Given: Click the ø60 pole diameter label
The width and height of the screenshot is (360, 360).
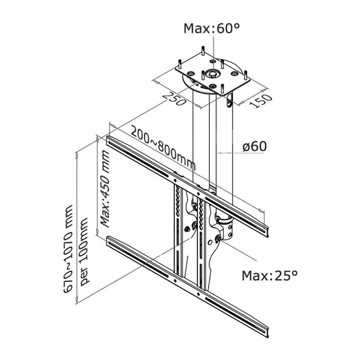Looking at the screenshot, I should click(255, 147).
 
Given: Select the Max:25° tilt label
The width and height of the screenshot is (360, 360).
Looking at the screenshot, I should click(269, 274).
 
